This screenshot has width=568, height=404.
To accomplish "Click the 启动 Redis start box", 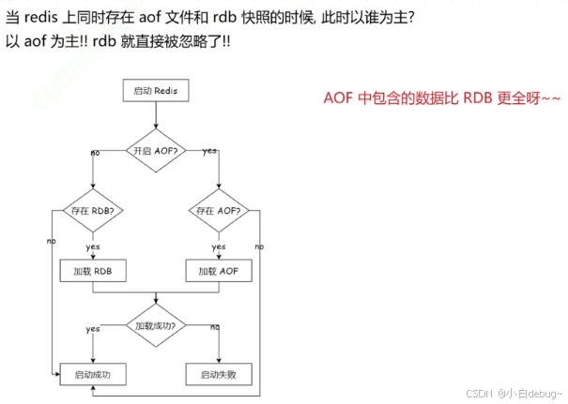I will click(157, 91).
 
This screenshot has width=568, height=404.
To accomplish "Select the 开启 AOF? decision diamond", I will click(157, 150).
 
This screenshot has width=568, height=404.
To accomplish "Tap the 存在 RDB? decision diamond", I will click(93, 211).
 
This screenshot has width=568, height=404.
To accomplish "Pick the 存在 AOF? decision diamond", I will click(219, 211).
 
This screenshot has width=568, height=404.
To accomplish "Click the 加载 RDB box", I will click(93, 271).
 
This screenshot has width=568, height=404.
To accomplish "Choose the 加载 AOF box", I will click(219, 271).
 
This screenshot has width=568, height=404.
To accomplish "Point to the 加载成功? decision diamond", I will click(157, 325).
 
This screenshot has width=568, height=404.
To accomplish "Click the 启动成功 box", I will click(93, 375).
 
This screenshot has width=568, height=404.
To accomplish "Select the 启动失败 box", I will click(219, 375).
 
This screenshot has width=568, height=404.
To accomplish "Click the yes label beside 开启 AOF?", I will click(209, 151).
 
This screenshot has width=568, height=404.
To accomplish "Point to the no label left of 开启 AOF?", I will click(96, 152).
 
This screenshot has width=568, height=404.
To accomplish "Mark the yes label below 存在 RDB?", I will click(93, 247).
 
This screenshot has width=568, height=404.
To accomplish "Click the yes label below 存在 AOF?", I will click(219, 247).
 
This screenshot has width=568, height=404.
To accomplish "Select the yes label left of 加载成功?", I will click(93, 328).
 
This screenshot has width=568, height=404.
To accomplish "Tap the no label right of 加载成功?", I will click(215, 326).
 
